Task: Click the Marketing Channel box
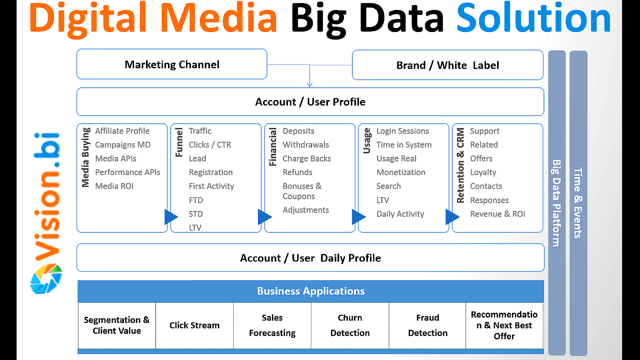[172, 64]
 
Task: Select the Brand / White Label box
[447, 65]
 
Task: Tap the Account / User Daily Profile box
[310, 258]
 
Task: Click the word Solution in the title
[534, 18]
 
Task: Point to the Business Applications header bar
[310, 291]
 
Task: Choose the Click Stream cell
[194, 326]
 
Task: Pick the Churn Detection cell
[350, 326]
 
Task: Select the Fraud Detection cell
[428, 326]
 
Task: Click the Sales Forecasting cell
[272, 326]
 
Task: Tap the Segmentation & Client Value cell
[117, 326]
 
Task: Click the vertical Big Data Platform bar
[556, 203]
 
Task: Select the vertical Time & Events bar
[578, 203]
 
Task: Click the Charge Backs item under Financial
[307, 159]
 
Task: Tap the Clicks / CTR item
[210, 145]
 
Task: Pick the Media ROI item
[114, 186]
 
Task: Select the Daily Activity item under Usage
[400, 214]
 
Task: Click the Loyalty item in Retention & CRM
[483, 172]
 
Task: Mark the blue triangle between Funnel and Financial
[264, 217]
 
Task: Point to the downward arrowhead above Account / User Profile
[310, 84]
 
